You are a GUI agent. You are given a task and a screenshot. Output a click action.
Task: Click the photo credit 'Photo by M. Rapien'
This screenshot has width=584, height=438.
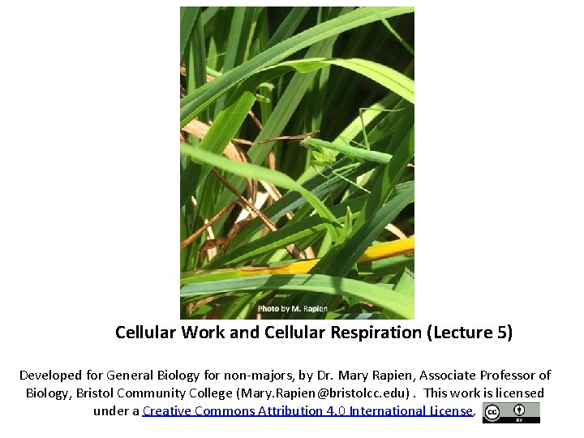pyautogui.click(x=292, y=309)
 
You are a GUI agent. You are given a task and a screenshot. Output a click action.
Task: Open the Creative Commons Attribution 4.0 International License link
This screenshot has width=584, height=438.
pyautogui.click(x=307, y=410)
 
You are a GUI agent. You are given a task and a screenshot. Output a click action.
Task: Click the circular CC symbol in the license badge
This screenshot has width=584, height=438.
pyautogui.click(x=492, y=412)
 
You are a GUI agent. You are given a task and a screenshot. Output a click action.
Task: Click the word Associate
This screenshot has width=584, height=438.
pyautogui.click(x=438, y=375)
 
